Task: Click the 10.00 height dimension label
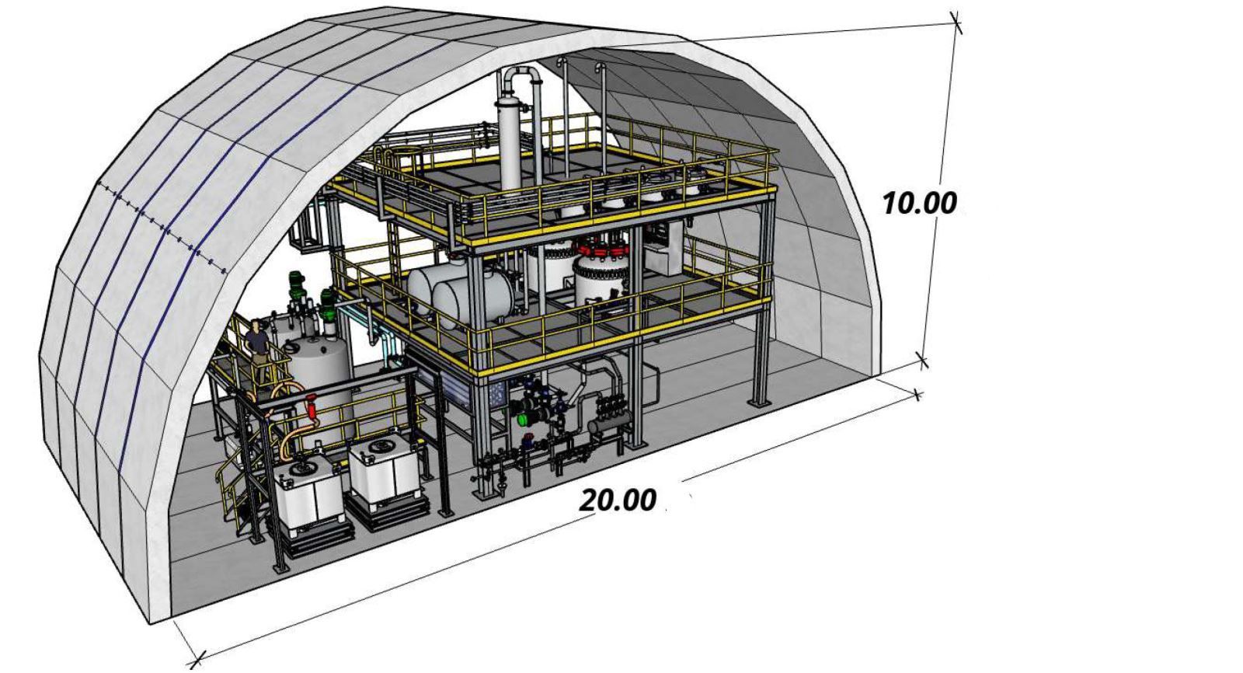[x=920, y=203]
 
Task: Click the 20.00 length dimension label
[x=618, y=500]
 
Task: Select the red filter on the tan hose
[x=312, y=405]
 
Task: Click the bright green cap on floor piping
[x=522, y=419]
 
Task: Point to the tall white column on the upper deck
[x=510, y=145]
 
